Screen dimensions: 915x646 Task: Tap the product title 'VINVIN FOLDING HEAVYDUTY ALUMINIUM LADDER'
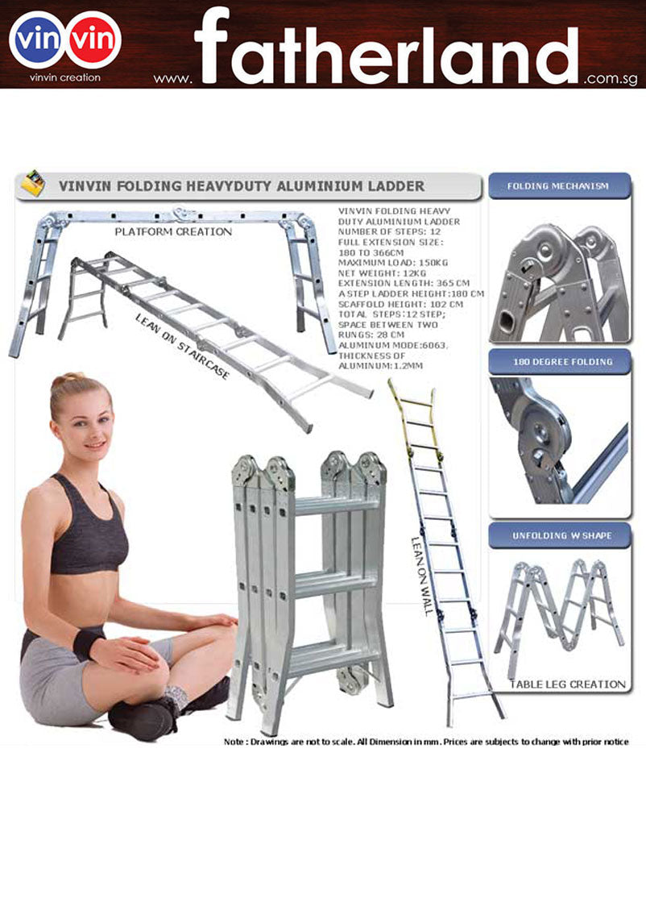pos(241,186)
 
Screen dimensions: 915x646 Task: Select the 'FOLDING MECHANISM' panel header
pos(557,186)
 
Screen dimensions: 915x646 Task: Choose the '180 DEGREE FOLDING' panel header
pos(557,361)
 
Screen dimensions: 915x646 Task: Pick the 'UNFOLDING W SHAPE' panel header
pos(557,535)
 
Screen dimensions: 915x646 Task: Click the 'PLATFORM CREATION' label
pos(172,231)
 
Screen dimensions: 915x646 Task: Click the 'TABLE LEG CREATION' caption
pos(567,684)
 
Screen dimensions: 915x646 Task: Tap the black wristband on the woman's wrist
pos(87,643)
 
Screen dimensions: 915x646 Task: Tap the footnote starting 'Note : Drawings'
pos(425,742)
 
